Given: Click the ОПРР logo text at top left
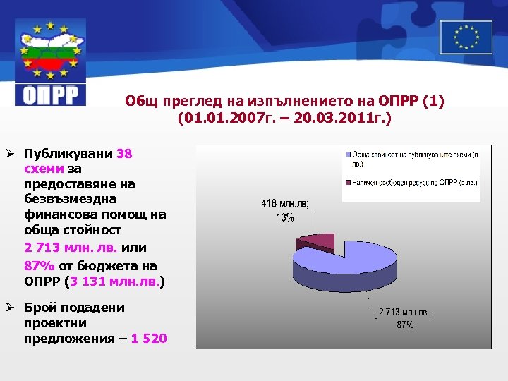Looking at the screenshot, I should (x=50, y=94).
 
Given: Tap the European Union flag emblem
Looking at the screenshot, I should (x=466, y=37).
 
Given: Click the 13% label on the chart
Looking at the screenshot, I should (x=285, y=217).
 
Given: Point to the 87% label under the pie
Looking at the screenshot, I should (x=404, y=325).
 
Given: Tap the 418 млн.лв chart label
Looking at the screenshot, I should (x=285, y=205).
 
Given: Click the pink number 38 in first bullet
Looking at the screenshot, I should (x=124, y=153).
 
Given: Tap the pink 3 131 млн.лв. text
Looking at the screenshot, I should (x=114, y=282).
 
